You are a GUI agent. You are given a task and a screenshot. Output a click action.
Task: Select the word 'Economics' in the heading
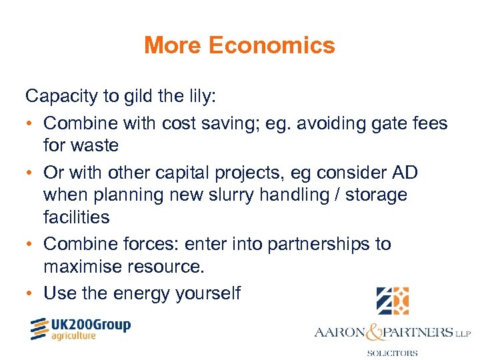click(x=271, y=45)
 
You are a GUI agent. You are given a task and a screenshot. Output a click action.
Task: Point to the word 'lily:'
click(x=198, y=96)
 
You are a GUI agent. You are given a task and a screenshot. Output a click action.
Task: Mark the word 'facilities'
click(x=77, y=217)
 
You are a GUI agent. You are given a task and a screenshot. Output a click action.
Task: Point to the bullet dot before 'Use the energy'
click(x=31, y=293)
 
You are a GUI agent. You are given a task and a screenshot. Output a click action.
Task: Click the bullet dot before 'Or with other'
click(x=31, y=173)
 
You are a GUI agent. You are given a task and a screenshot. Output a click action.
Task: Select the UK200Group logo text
click(x=91, y=325)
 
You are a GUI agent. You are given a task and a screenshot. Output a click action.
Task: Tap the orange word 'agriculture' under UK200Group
click(x=73, y=337)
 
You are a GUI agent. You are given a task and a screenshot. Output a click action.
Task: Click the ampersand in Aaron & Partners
click(x=371, y=331)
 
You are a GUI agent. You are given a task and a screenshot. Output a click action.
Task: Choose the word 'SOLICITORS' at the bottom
click(x=392, y=353)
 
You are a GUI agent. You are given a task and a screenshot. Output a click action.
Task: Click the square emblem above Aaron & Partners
click(x=392, y=301)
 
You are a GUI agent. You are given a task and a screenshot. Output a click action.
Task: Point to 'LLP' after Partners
click(x=462, y=332)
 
